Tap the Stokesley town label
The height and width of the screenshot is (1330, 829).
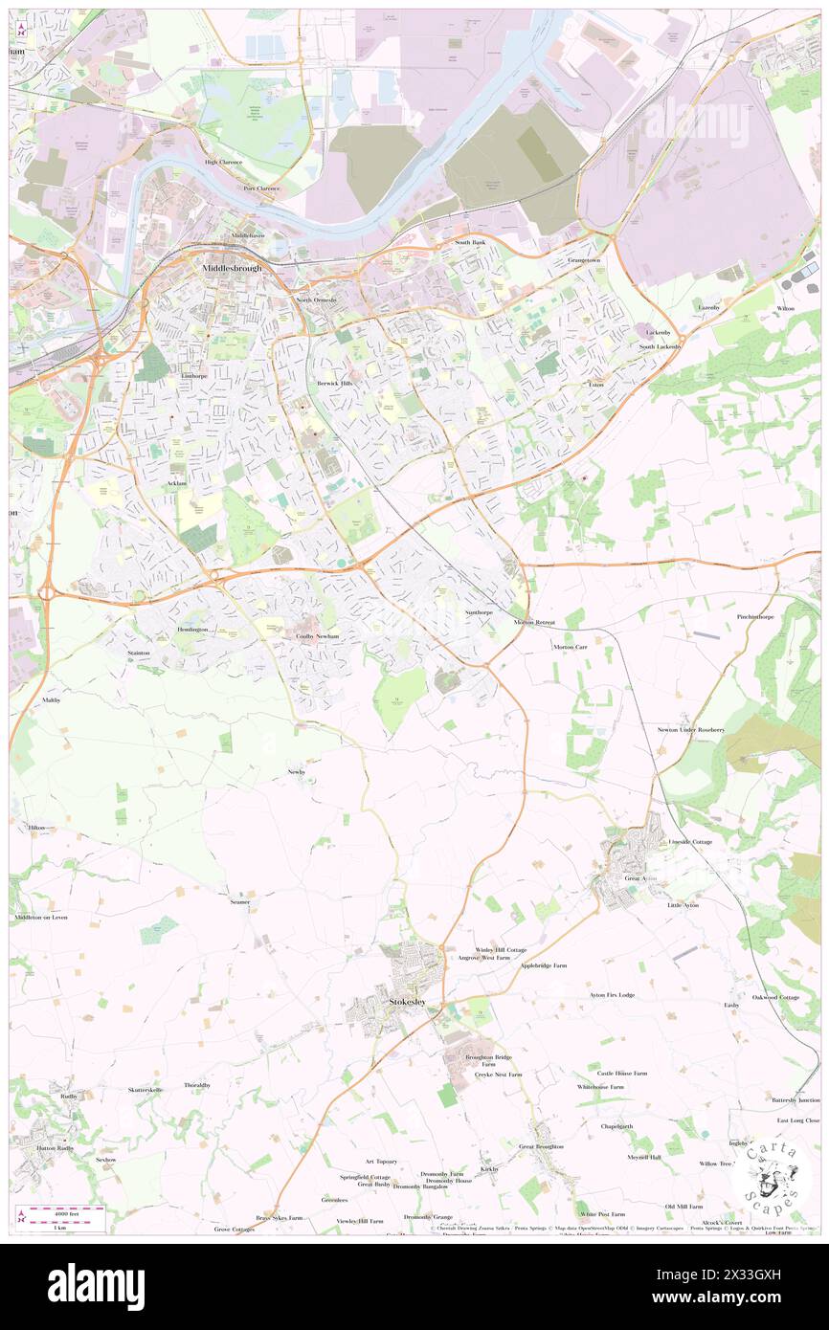(x=408, y=1002)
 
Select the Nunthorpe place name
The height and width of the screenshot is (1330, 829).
(x=479, y=611)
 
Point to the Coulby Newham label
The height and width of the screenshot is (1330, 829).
(x=318, y=636)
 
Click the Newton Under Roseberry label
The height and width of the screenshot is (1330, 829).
(x=690, y=730)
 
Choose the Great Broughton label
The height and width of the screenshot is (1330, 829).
(x=541, y=1146)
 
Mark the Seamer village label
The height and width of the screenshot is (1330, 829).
(x=239, y=901)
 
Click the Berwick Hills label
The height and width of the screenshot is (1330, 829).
(x=334, y=383)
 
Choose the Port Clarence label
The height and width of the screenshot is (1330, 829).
(x=261, y=188)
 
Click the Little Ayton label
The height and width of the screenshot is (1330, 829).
(x=683, y=905)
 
